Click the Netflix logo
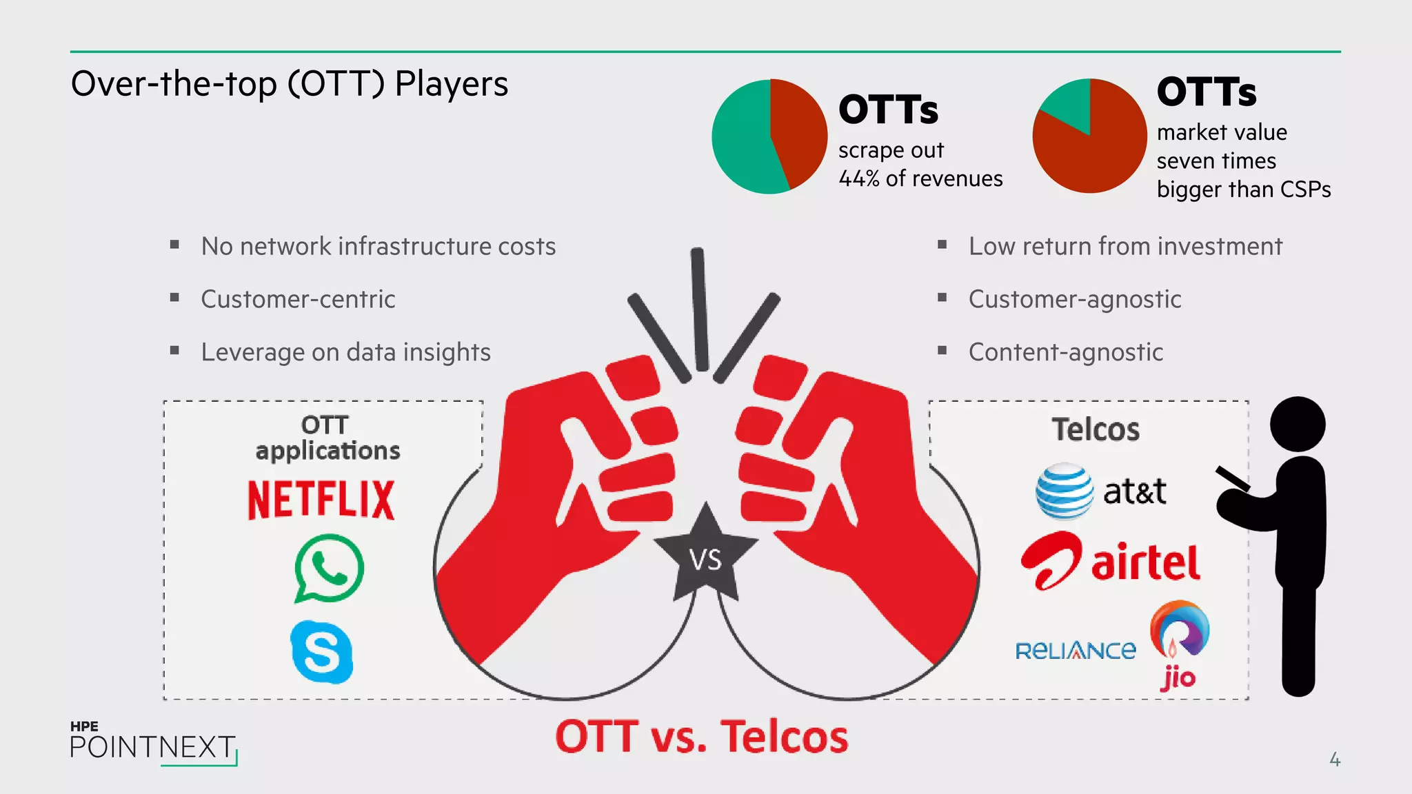point(321,500)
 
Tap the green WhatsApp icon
point(329,568)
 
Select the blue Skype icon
point(322,652)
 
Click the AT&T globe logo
point(1064,491)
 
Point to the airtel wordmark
point(1145,563)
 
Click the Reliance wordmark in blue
point(1075,651)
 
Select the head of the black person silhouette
point(1298,424)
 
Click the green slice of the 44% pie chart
point(741,141)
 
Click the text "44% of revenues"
point(920,179)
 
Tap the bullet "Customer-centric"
point(298,299)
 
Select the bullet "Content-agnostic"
point(1065,352)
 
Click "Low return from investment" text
point(1125,246)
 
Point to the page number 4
point(1335,760)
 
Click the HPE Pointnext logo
point(153,743)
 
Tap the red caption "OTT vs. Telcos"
point(701,737)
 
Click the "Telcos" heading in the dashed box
point(1095,429)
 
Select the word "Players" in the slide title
point(452,84)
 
